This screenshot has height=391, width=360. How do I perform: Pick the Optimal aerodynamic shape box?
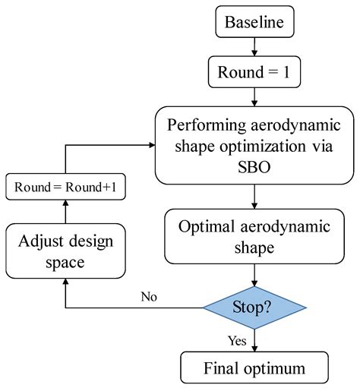click(x=255, y=237)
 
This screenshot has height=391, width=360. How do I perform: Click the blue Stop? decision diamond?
click(x=255, y=307)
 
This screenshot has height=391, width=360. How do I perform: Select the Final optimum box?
click(x=255, y=370)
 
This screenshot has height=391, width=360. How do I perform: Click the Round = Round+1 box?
click(x=65, y=186)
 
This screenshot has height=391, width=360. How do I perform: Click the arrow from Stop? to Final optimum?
click(x=255, y=342)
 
